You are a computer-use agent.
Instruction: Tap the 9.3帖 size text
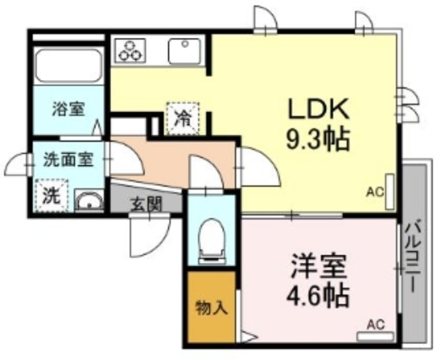coord(318,140)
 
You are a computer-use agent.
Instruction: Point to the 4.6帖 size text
coord(318,297)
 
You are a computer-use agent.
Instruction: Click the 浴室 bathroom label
coord(68,108)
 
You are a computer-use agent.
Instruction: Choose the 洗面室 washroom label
coord(68,158)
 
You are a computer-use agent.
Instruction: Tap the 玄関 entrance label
coord(147,203)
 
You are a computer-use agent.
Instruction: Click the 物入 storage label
coord(212,308)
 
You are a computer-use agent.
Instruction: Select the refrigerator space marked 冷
coord(183,117)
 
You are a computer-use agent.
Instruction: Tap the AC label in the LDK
coord(375,192)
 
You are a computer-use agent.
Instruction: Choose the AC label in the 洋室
coord(375,324)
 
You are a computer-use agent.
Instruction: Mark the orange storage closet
coord(212,308)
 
